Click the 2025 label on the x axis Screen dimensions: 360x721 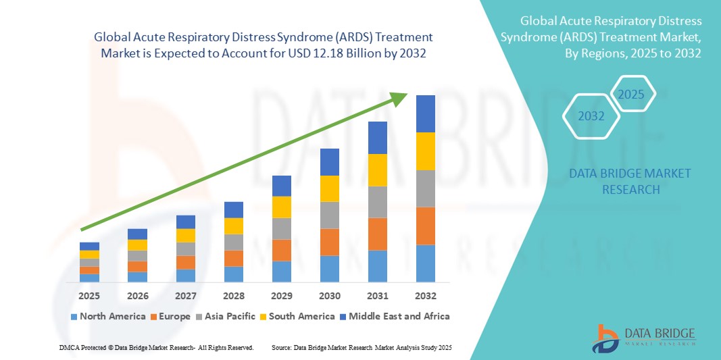click(x=89, y=296)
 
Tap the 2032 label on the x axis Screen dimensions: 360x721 click(x=425, y=296)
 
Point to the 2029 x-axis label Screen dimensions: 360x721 click(x=281, y=296)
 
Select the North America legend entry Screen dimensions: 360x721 click(x=107, y=316)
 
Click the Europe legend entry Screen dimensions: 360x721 click(x=170, y=316)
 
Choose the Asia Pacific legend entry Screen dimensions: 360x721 click(x=226, y=316)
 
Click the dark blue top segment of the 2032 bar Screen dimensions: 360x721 click(x=425, y=113)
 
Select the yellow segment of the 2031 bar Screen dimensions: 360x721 click(x=377, y=170)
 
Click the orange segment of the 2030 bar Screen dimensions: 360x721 click(x=329, y=242)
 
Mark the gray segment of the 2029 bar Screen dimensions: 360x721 click(x=281, y=228)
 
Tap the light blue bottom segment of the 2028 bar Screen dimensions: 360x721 click(x=233, y=274)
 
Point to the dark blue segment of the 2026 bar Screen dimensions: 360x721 click(x=137, y=234)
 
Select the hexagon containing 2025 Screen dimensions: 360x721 click(x=632, y=94)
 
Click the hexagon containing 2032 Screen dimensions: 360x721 click(x=591, y=116)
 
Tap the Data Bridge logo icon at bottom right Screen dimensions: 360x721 click(x=605, y=338)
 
